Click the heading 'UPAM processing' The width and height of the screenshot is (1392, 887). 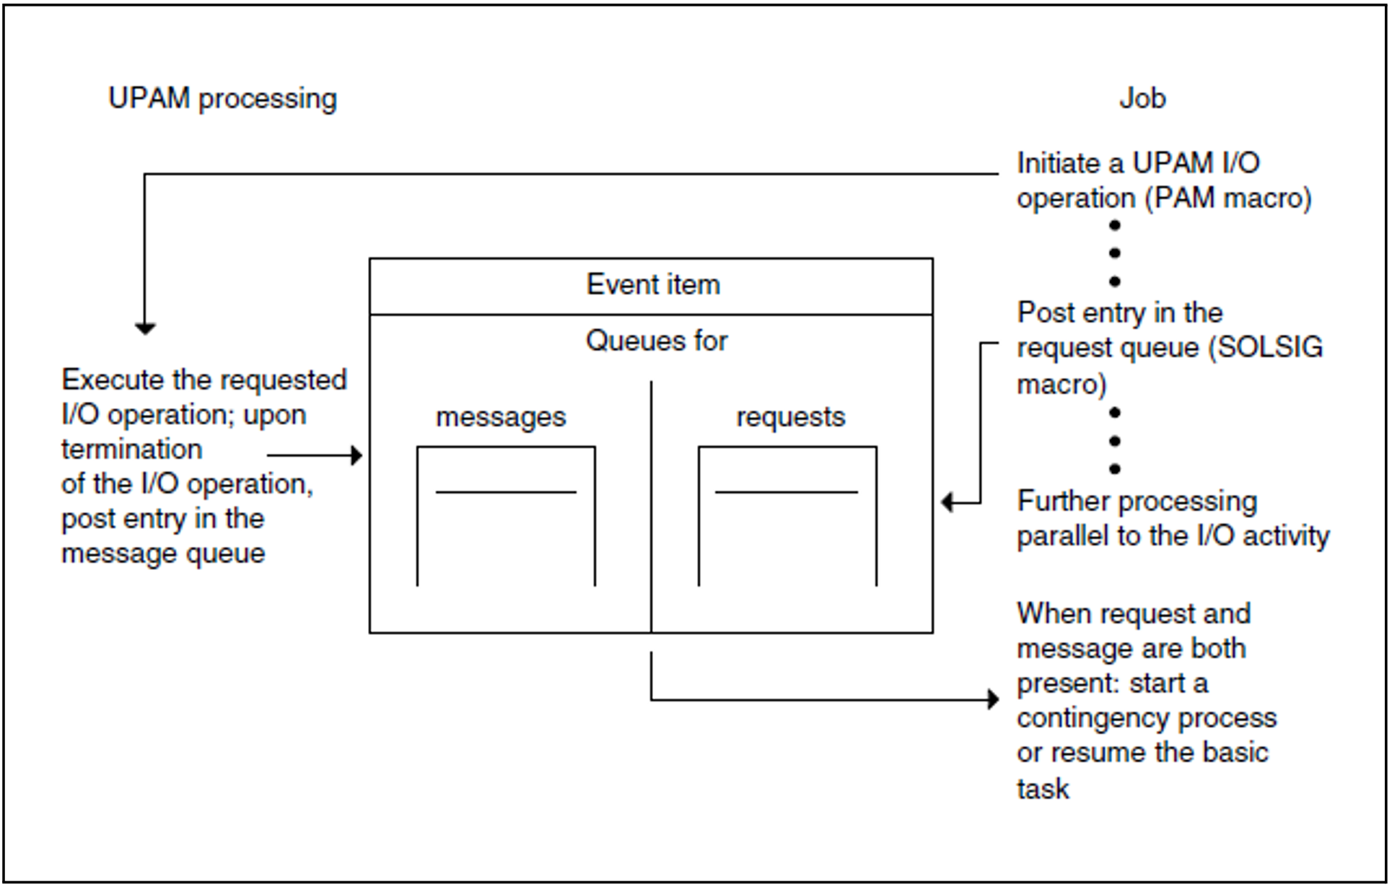(222, 99)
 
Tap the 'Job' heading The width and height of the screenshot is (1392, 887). (1142, 98)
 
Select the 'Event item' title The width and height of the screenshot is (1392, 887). (652, 284)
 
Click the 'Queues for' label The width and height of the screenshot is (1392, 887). (656, 341)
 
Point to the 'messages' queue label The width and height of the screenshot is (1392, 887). (501, 417)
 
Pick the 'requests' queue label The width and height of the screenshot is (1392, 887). (790, 417)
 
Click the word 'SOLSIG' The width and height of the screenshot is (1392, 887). (1269, 348)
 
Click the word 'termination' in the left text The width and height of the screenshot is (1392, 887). (131, 449)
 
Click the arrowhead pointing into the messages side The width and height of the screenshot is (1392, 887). (356, 455)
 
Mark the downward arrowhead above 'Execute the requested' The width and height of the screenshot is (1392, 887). (145, 329)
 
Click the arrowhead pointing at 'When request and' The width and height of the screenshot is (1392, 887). (994, 699)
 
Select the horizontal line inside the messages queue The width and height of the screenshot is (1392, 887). (505, 492)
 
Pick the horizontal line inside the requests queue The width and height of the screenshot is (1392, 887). (786, 492)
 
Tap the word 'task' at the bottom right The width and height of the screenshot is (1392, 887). (1042, 789)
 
